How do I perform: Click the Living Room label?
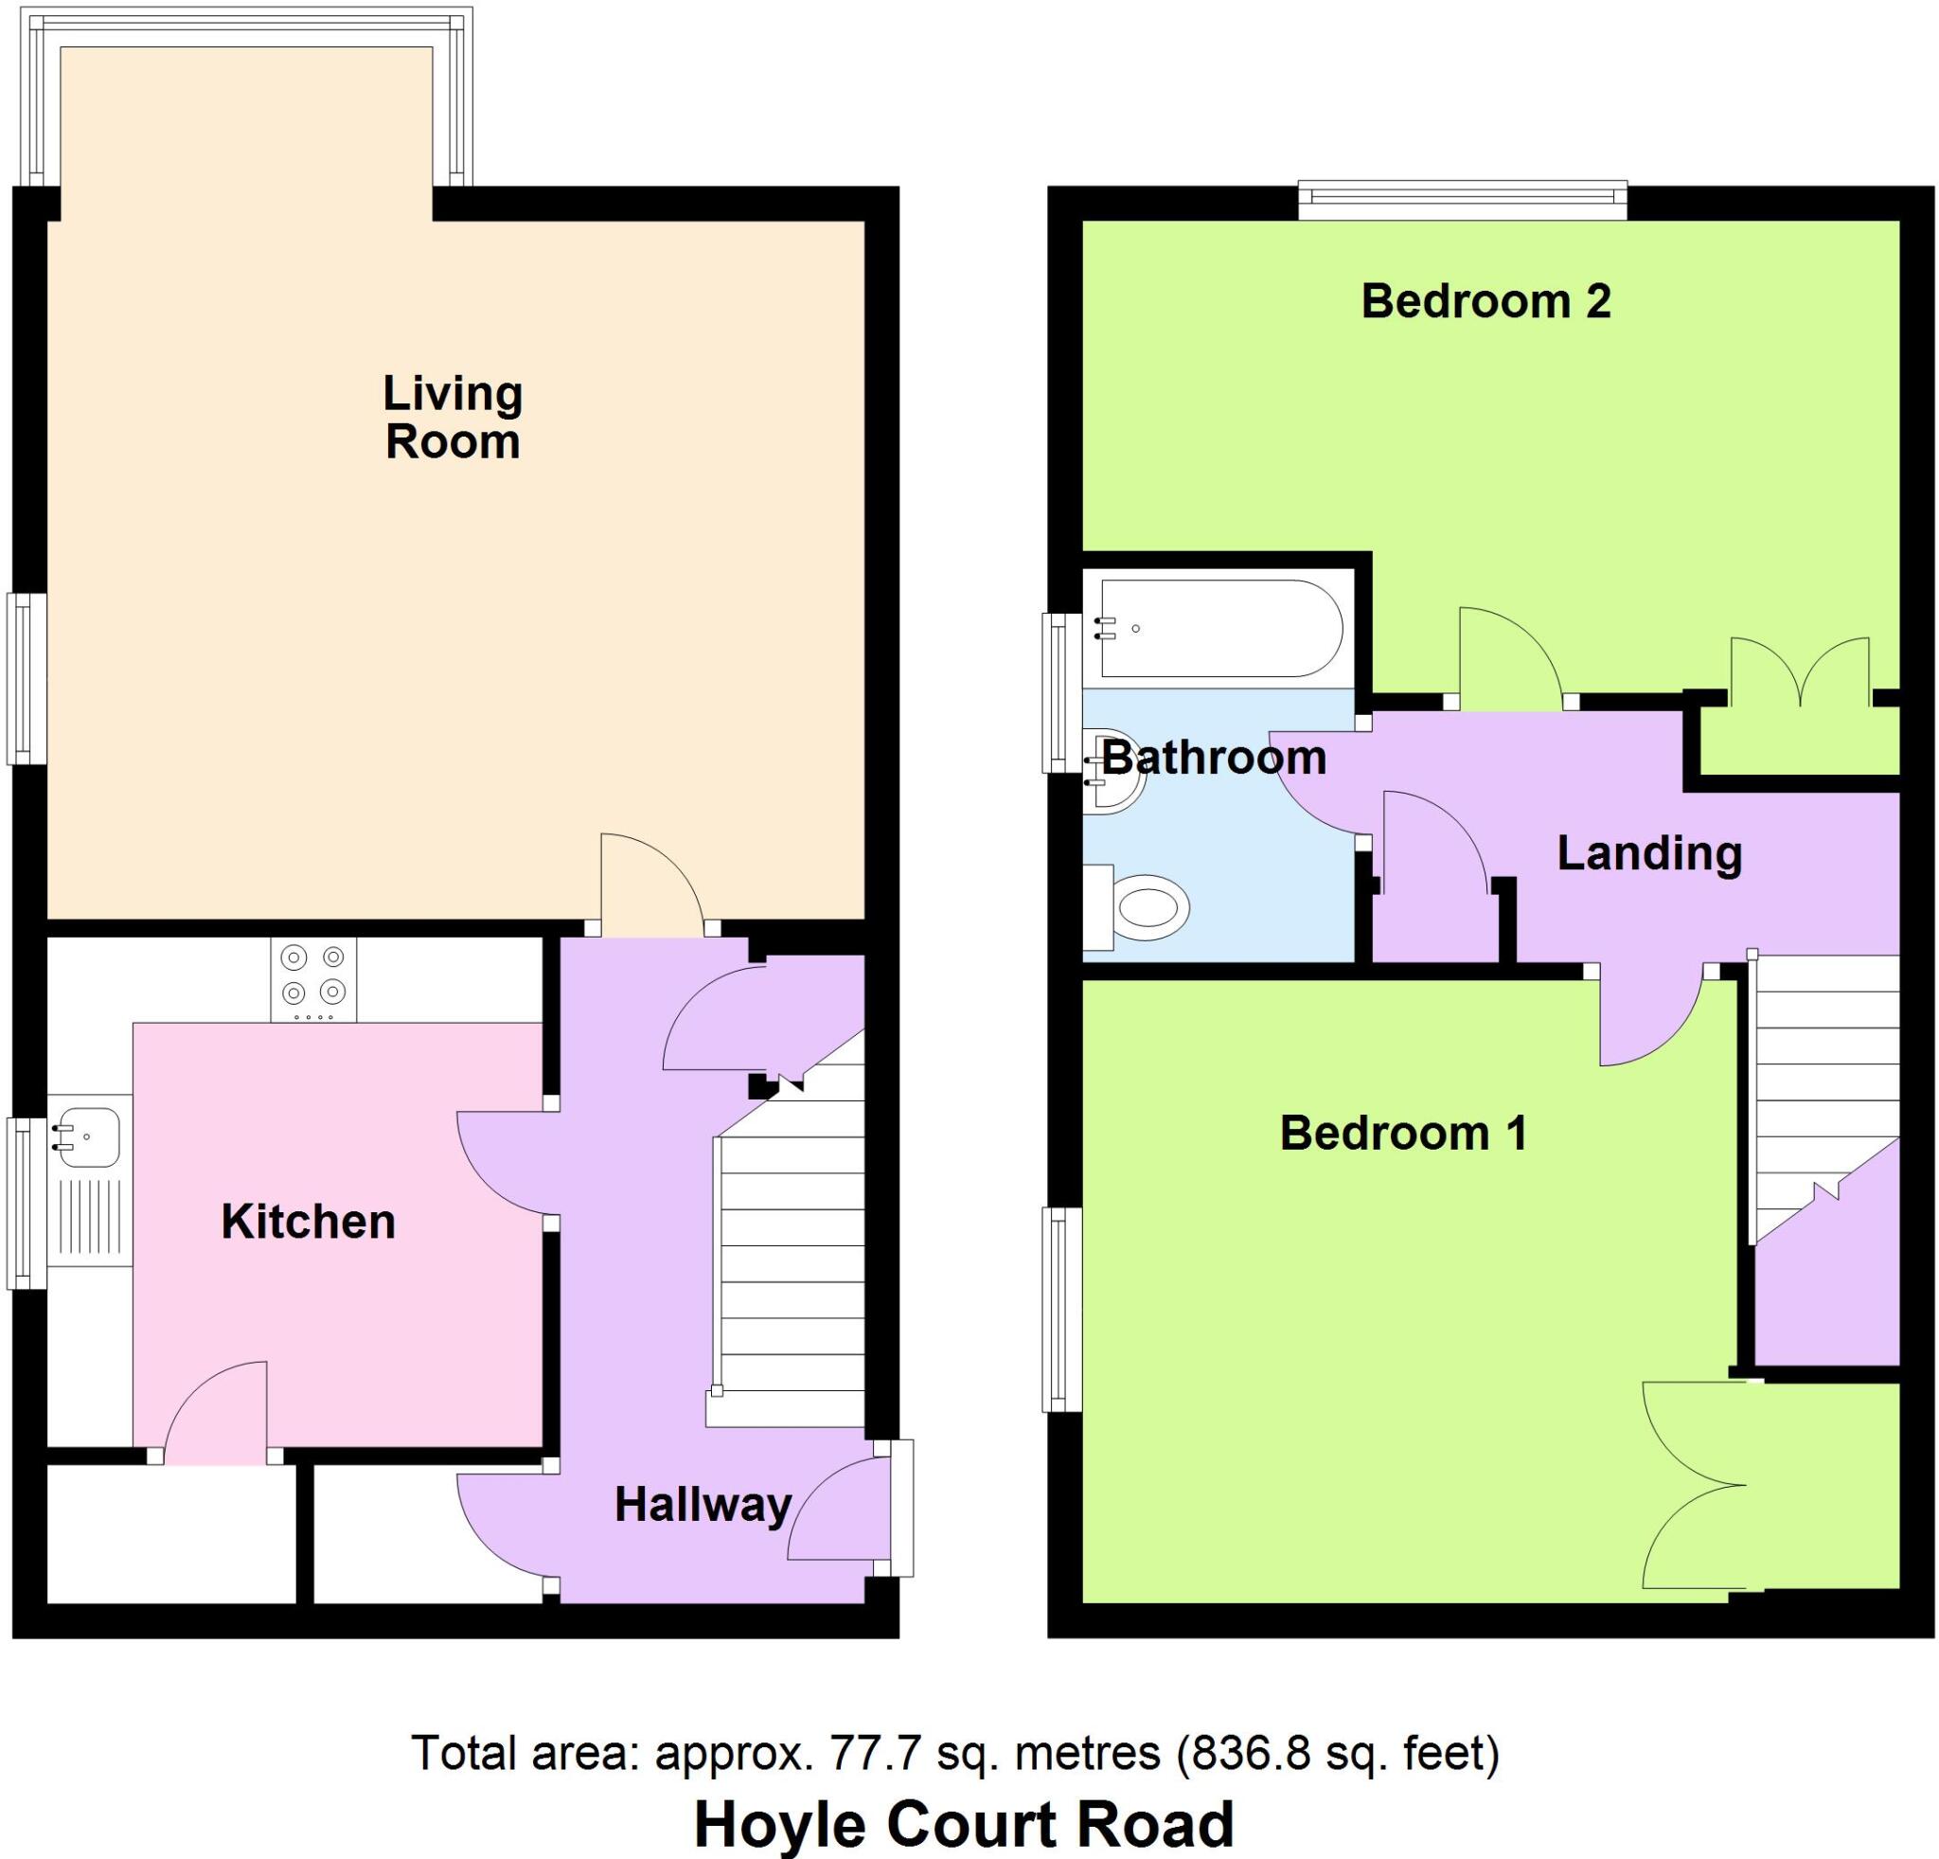pyautogui.click(x=454, y=418)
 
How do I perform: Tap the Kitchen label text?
pyautogui.click(x=308, y=1222)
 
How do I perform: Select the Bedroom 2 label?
pyautogui.click(x=1485, y=301)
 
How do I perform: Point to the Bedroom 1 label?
pyautogui.click(x=1403, y=1133)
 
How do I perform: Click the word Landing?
pyautogui.click(x=1649, y=853)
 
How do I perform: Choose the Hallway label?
pyautogui.click(x=703, y=1505)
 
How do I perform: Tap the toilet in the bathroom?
pyautogui.click(x=1147, y=906)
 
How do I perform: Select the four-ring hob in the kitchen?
pyautogui.click(x=313, y=978)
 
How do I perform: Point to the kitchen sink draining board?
pyautogui.click(x=90, y=1221)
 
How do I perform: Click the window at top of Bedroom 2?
pyautogui.click(x=1462, y=200)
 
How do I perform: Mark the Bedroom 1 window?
pyautogui.click(x=1062, y=1309)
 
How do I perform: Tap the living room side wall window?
pyautogui.click(x=27, y=678)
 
